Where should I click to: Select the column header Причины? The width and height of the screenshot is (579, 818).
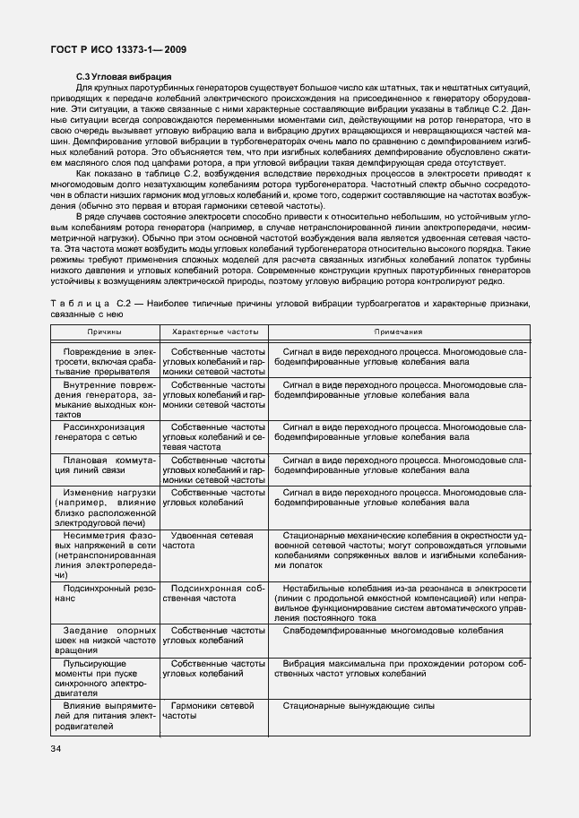click(x=105, y=332)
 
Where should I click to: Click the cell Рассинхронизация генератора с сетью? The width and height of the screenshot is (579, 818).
click(x=105, y=435)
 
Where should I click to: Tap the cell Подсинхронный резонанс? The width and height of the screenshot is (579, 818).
click(x=105, y=592)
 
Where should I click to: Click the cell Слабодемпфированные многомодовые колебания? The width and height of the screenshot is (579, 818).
click(x=392, y=631)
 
